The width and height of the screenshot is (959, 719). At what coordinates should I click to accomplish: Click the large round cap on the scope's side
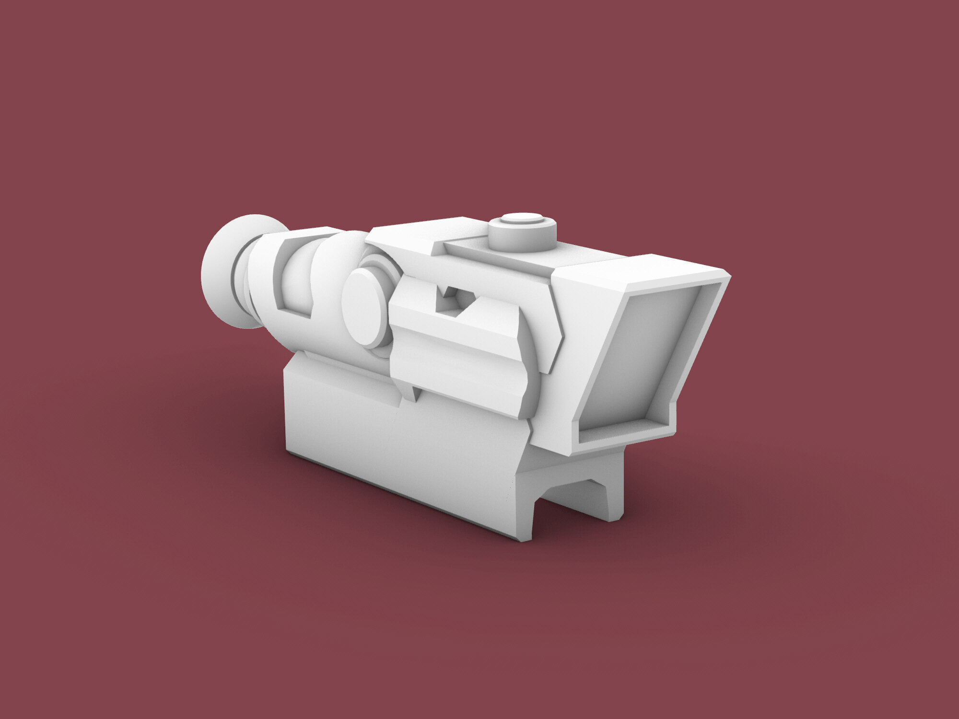click(365, 307)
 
